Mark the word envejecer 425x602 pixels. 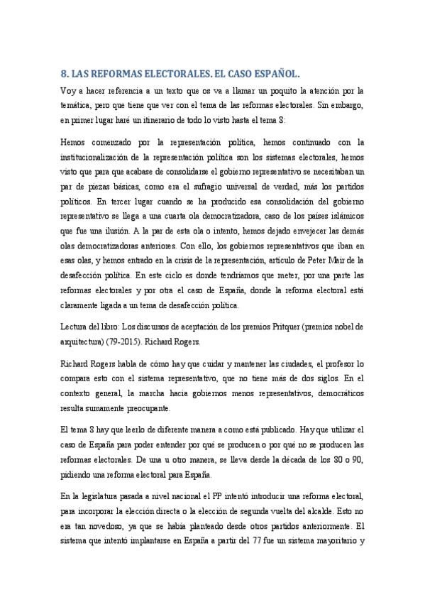click(312, 229)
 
